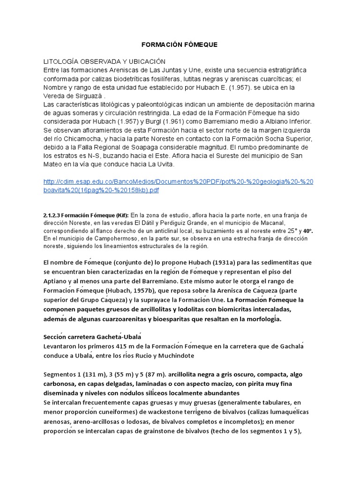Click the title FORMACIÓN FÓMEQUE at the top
[180, 45]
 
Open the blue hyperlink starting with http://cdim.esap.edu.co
[178, 186]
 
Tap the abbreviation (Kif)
[121, 215]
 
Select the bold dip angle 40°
[307, 231]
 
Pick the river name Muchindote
[174, 356]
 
